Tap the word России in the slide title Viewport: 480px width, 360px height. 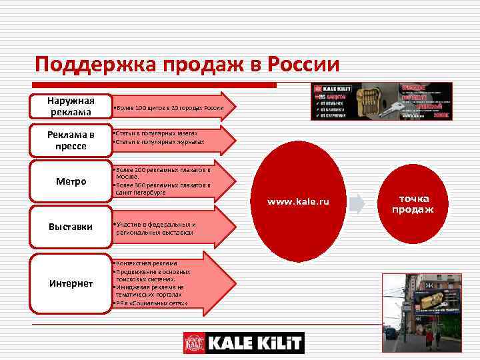[x=303, y=66]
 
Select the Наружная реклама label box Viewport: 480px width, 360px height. [x=71, y=106]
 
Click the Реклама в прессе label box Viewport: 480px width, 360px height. [x=71, y=140]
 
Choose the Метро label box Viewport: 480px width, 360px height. [x=71, y=181]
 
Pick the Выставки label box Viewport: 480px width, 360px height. [x=71, y=227]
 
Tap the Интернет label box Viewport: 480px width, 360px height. [x=71, y=283]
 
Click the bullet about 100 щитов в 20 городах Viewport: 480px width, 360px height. [x=169, y=108]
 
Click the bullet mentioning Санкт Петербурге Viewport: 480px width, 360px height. [x=163, y=189]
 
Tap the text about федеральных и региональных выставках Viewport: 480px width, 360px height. [x=157, y=229]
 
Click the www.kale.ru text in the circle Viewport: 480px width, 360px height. [x=299, y=201]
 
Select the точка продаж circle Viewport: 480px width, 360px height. [x=412, y=203]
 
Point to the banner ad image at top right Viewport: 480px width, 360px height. [x=381, y=101]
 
